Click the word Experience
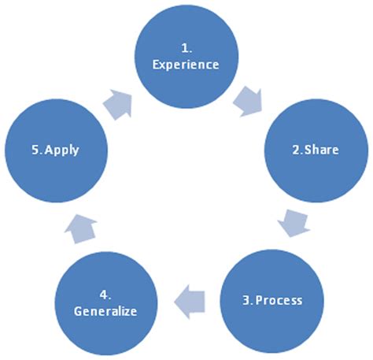click(186, 65)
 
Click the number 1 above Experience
click(184, 48)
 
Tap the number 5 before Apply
click(32, 149)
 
